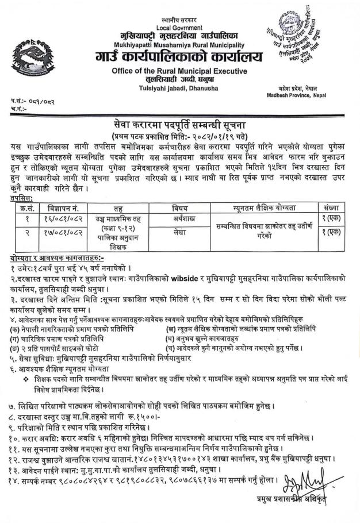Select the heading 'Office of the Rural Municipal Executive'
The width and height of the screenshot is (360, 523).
click(x=179, y=71)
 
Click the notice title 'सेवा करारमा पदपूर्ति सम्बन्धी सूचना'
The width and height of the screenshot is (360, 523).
click(x=180, y=123)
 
